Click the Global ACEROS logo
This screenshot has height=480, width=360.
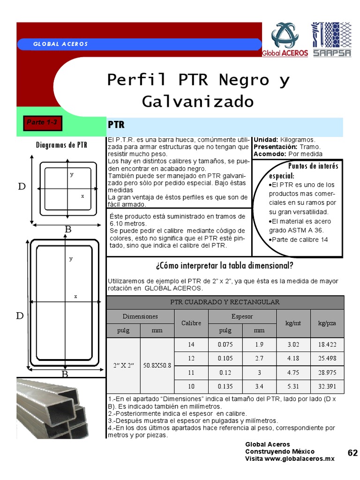(285, 39)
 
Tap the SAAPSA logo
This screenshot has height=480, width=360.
(331, 39)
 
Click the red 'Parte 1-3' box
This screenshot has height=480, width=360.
(42, 123)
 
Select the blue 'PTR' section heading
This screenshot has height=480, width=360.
(116, 125)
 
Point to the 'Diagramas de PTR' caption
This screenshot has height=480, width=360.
(61, 145)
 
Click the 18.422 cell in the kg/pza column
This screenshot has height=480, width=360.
(328, 345)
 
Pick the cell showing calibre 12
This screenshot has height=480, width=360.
(191, 359)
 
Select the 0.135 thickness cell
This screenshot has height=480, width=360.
(225, 387)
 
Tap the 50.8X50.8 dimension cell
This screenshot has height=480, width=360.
(157, 365)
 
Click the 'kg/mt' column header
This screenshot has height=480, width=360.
(293, 323)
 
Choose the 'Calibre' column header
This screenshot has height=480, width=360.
(191, 323)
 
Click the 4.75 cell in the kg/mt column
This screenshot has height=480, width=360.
(293, 373)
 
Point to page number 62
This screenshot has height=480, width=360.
(352, 453)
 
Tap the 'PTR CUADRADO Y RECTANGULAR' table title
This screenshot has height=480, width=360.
(225, 302)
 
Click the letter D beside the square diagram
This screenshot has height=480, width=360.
(22, 187)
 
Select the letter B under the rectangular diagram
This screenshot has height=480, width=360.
(65, 374)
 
